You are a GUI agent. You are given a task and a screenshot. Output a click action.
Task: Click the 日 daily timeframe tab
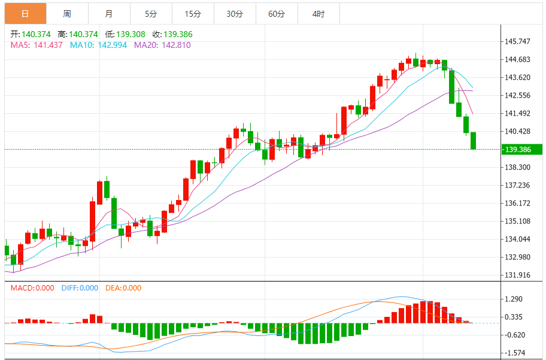click(x=25, y=13)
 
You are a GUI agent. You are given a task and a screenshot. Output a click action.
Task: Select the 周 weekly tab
click(x=67, y=13)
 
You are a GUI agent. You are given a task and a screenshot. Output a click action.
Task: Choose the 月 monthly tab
click(x=108, y=13)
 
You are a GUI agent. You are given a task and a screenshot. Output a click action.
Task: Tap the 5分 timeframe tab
click(x=150, y=13)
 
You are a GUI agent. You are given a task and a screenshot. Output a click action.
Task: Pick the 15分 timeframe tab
click(x=193, y=13)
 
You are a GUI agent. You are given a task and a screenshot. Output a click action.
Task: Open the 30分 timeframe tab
click(x=235, y=13)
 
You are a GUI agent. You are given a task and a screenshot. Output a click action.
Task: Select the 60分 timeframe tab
click(x=277, y=13)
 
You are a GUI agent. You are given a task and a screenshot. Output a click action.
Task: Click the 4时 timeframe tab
click(x=318, y=13)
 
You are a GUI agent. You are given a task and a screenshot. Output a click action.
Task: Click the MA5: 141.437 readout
click(x=37, y=45)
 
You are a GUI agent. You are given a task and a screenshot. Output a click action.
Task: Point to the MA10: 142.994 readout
click(x=98, y=45)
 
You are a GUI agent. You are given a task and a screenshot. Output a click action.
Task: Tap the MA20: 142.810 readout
click(x=162, y=45)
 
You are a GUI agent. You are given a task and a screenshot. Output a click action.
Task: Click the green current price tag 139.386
click(x=522, y=149)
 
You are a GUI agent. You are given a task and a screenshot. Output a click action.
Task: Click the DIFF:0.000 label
click(x=80, y=288)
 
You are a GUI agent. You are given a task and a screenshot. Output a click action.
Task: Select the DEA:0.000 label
click(x=123, y=288)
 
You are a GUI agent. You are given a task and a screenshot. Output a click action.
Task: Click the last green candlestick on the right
click(x=473, y=141)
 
